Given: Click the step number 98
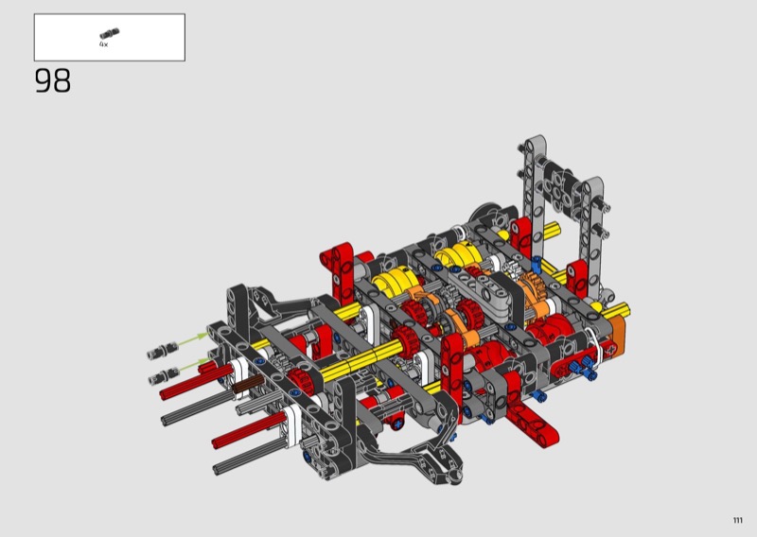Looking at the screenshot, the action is pos(53,80).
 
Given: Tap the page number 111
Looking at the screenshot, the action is pos(737,520).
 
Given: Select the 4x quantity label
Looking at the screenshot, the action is pos(104,44).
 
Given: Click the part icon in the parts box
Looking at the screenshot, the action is pos(110,34).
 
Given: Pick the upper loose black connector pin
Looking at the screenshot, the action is pos(162,351).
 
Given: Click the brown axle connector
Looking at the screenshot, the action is pos(248,385).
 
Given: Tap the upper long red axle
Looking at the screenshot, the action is pos(197,381).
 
